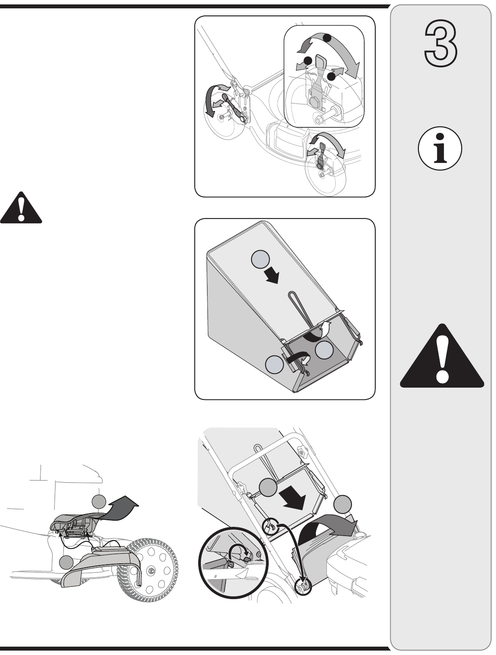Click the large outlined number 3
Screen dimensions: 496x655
pos(441,44)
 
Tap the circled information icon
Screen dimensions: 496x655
pos(440,148)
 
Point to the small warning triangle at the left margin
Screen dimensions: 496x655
pos(21,207)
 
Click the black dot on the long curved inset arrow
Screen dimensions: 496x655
pos(327,38)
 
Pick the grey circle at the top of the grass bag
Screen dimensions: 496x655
pos(260,259)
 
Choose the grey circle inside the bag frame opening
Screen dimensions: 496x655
pos(324,349)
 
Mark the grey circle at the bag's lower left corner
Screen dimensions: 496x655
pos(274,364)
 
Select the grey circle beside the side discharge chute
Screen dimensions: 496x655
pos(66,562)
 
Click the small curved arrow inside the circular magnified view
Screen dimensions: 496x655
pos(241,548)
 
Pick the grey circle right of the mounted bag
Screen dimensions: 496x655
pos(342,504)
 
